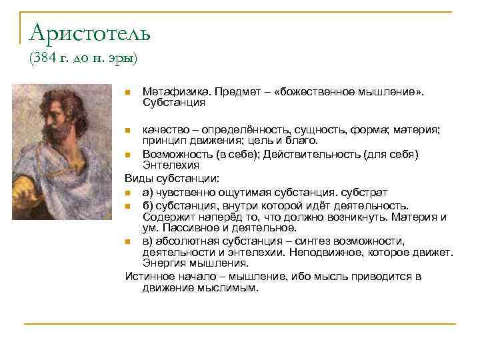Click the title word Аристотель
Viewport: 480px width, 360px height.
(x=90, y=31)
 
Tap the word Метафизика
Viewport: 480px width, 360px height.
(x=171, y=92)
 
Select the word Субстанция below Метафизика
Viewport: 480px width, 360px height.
(x=174, y=103)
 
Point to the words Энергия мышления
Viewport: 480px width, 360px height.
(x=187, y=263)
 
